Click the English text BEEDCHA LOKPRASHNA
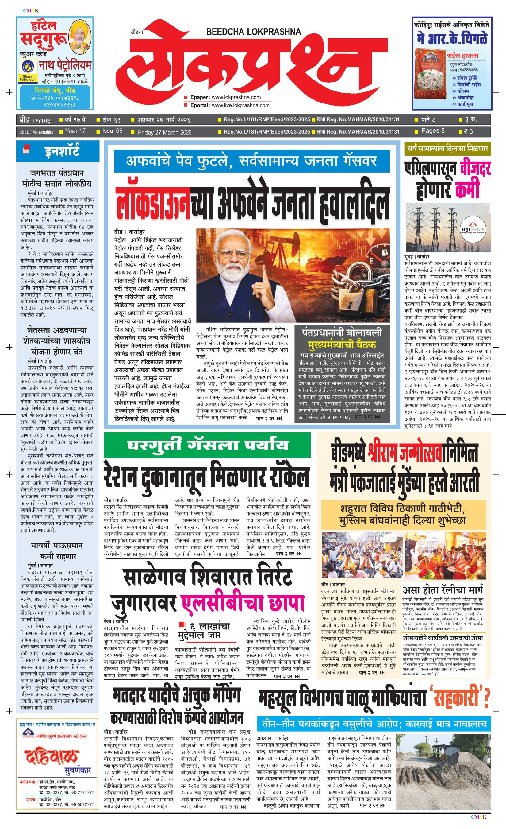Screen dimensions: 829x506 (x=253, y=32)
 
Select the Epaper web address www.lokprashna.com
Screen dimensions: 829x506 (x=236, y=97)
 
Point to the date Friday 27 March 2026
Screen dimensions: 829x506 (x=165, y=132)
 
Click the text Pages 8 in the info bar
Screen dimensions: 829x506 (x=432, y=131)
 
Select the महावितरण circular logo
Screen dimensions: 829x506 (x=473, y=229)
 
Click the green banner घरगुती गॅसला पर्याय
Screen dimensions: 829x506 (x=208, y=445)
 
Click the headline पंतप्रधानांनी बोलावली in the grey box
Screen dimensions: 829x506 (x=342, y=333)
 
